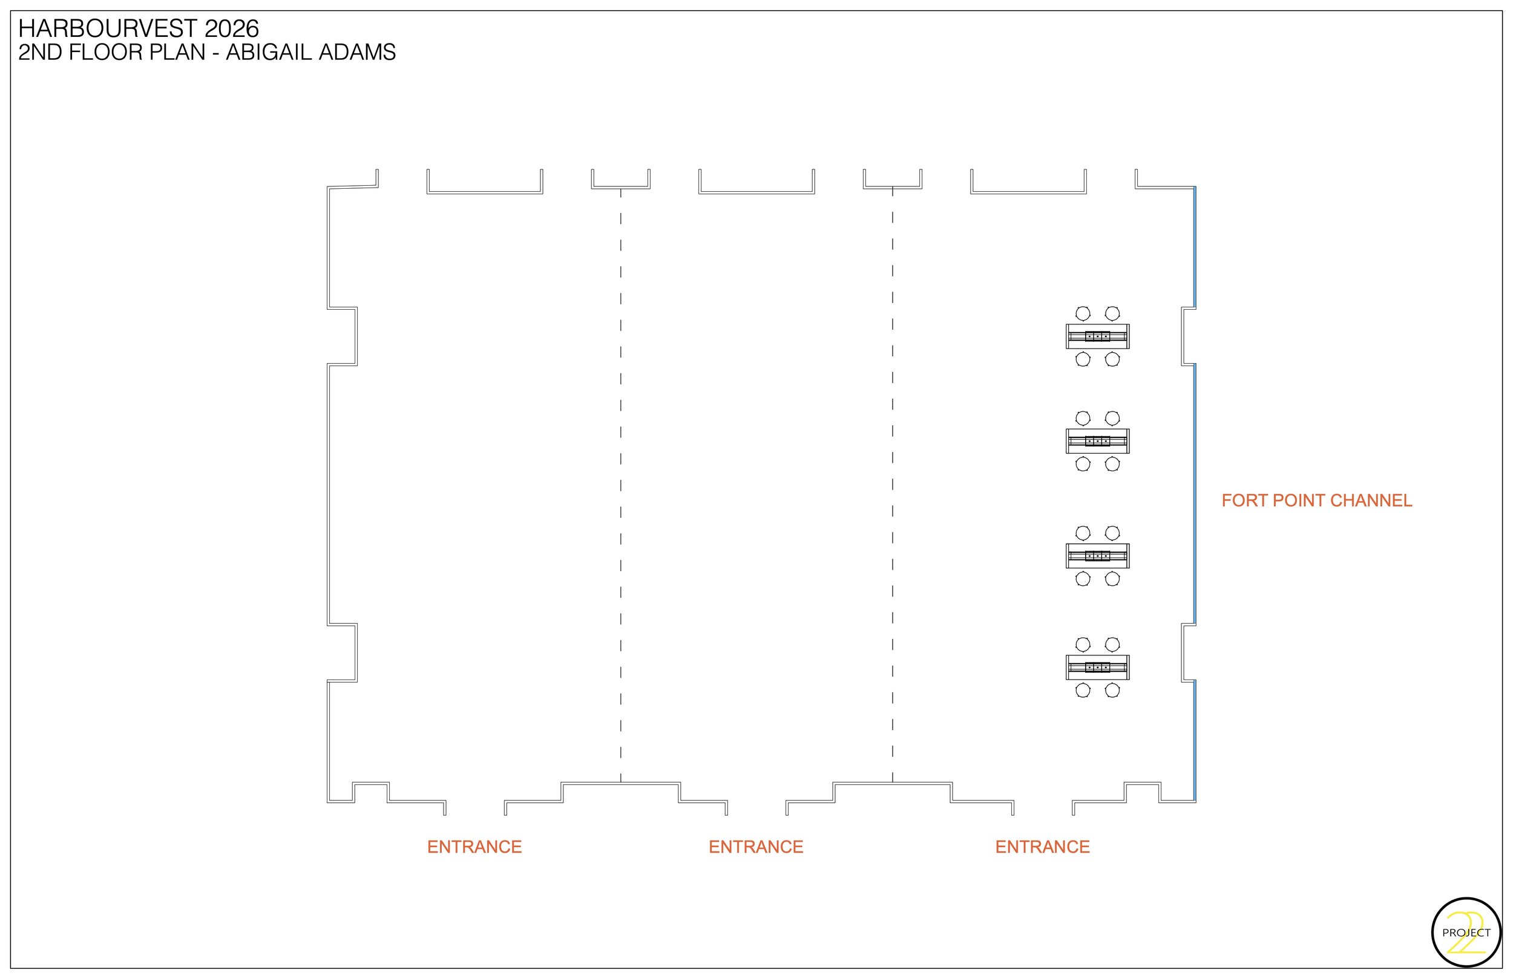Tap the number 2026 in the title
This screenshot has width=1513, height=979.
[231, 28]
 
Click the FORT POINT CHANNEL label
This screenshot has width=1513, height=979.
[1316, 501]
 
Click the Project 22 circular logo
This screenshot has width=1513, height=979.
[1466, 933]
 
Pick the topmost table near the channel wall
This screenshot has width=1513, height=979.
[1097, 336]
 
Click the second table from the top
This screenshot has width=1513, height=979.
[1097, 441]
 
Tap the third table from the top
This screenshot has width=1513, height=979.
[1097, 555]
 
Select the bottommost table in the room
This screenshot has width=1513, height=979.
[1097, 667]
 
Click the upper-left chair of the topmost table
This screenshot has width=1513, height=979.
[1083, 313]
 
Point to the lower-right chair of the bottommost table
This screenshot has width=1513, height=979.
[1112, 690]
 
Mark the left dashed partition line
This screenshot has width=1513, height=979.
[620, 483]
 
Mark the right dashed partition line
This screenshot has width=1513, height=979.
[893, 483]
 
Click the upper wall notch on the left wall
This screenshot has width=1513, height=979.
[343, 336]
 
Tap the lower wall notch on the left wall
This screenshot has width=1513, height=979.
[343, 653]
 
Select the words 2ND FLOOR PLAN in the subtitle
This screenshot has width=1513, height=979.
[112, 52]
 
